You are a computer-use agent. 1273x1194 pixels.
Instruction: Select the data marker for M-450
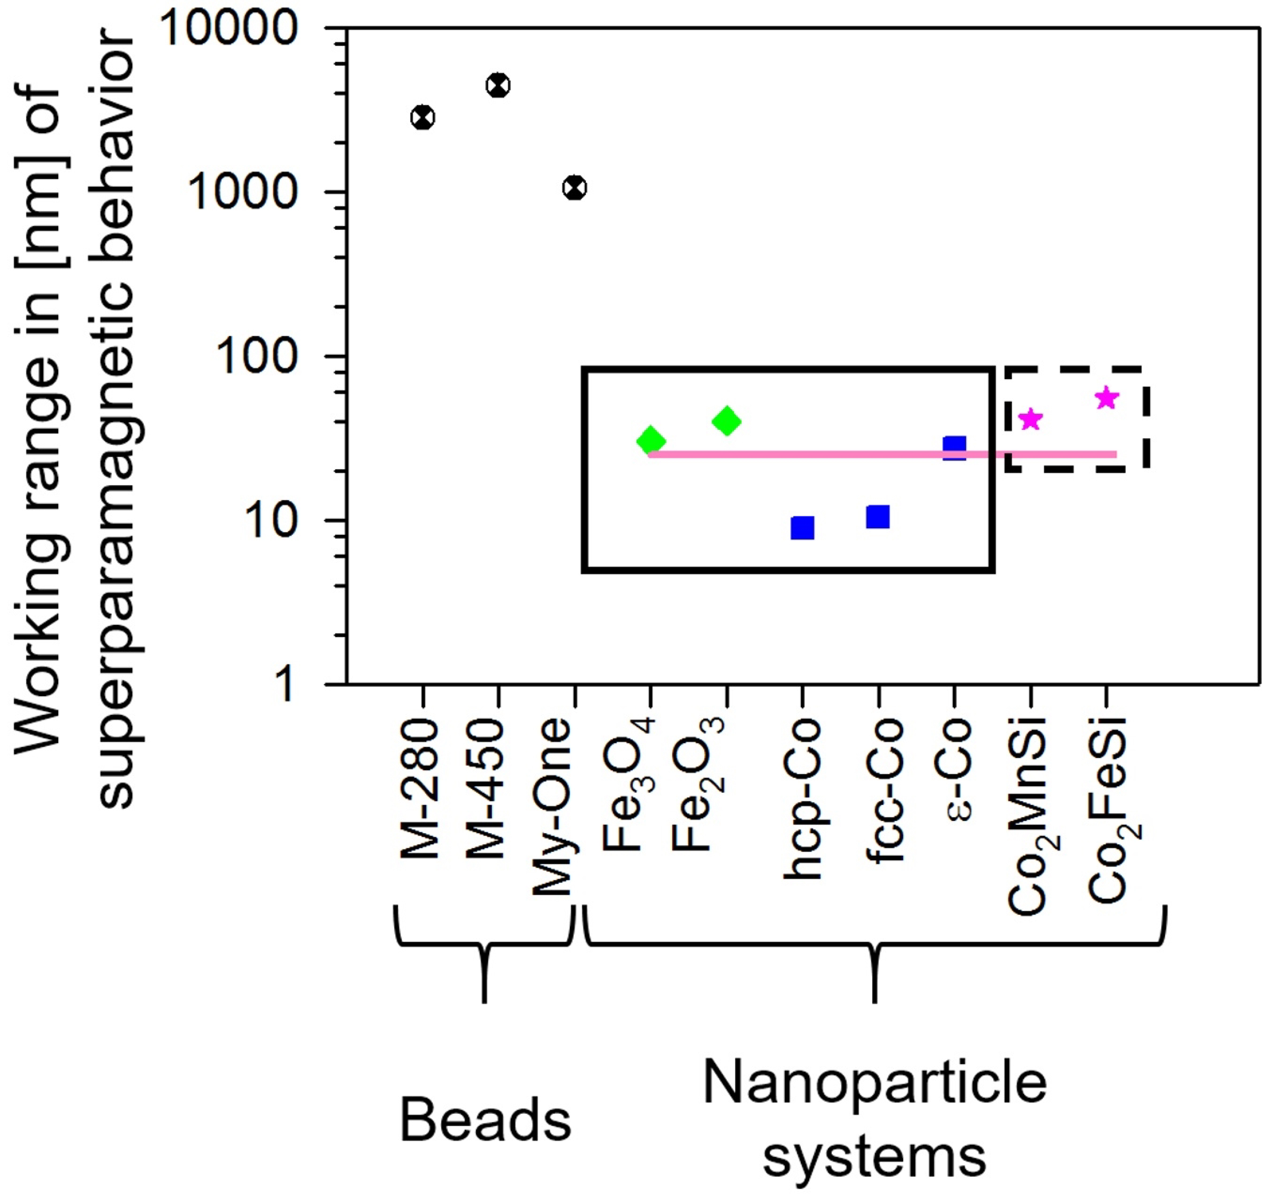coord(498,85)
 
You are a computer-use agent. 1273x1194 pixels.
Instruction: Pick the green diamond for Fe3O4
coord(651,440)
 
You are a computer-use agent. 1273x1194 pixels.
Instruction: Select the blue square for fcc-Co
coord(878,517)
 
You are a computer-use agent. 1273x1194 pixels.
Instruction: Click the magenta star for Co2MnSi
coord(1030,419)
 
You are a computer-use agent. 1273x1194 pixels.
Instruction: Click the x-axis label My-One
coord(552,807)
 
